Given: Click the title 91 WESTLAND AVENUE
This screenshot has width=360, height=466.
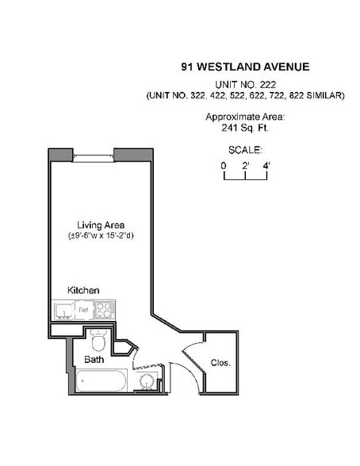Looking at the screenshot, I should [x=244, y=67].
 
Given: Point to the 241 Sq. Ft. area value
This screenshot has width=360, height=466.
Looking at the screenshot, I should [x=244, y=128].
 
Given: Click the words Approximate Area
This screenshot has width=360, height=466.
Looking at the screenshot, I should [x=244, y=116].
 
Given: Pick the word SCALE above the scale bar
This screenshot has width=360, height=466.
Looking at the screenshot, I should [x=244, y=149].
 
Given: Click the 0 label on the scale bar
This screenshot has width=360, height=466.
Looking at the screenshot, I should [x=224, y=165].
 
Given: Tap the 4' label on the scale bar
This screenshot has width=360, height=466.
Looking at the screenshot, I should [x=266, y=165].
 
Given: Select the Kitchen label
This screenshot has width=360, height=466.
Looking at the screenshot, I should [x=83, y=290].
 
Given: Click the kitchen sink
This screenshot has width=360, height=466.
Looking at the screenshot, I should [x=62, y=309].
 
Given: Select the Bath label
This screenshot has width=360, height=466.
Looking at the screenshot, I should [x=94, y=360].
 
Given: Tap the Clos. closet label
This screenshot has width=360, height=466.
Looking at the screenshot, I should [x=220, y=363].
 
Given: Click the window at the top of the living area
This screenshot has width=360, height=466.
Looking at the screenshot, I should [x=94, y=155].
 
